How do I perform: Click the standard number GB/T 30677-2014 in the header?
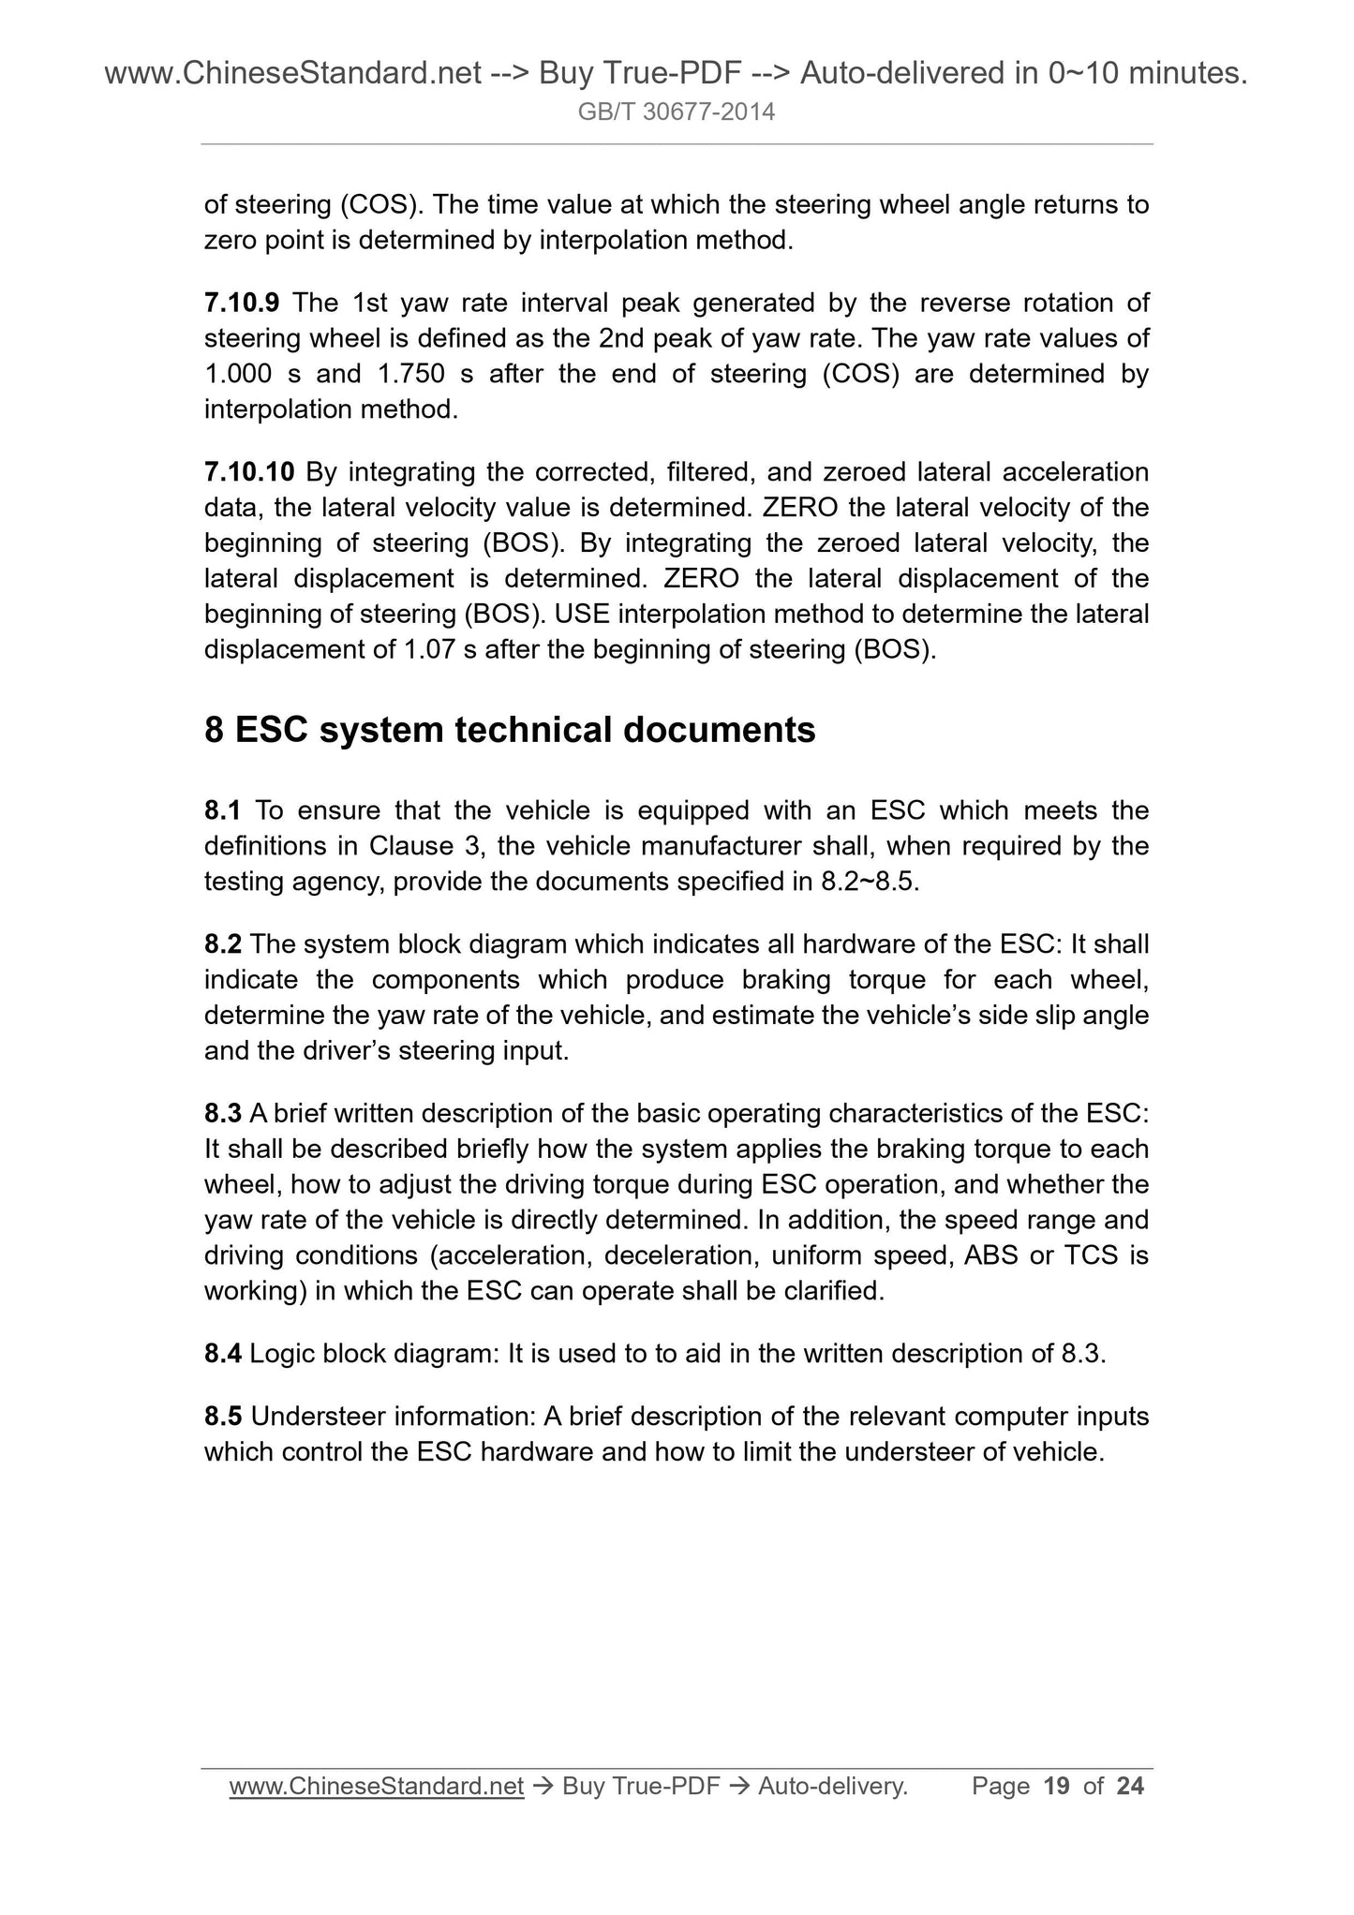coord(677,112)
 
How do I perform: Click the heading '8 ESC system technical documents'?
coord(510,729)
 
